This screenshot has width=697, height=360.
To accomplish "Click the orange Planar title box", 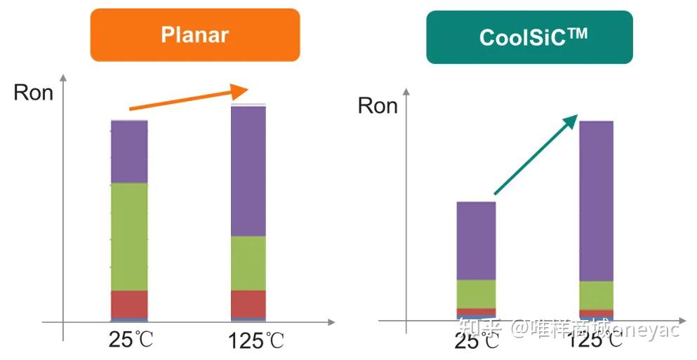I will [194, 34].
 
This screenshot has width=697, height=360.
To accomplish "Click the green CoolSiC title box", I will [529, 37].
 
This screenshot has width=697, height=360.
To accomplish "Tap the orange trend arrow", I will [190, 99].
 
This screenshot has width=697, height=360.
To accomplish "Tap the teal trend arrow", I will [536, 154].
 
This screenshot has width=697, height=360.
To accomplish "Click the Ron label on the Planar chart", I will [33, 93].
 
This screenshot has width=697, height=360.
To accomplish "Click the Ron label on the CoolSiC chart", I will [378, 106].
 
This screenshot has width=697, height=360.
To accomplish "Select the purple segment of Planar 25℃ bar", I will [129, 152].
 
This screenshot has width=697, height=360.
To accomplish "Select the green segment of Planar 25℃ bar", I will [129, 236].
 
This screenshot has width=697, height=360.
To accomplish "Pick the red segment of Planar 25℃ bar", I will [129, 304].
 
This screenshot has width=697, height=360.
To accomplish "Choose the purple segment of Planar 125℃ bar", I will [248, 171].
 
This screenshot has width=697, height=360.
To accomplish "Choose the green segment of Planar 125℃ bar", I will [248, 263].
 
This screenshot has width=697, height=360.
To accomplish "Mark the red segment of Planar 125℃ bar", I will [248, 304].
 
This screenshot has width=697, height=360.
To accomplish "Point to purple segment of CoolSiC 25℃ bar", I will [476, 241].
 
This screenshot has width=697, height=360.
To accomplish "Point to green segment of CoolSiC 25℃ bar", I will [476, 294].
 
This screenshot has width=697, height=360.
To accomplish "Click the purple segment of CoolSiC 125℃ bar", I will [596, 201].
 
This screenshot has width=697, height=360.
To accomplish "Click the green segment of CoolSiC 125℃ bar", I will [596, 295].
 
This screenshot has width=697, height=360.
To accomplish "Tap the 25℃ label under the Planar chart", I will [131, 340].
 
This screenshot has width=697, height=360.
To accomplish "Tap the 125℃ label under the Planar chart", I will [256, 342].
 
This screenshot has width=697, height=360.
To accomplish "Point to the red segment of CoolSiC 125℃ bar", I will [596, 313].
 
